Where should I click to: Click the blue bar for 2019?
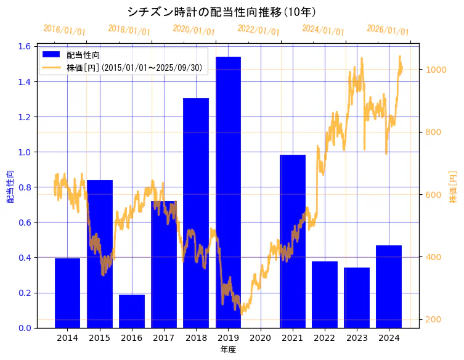[x=228, y=192]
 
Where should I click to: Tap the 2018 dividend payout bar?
[x=196, y=213]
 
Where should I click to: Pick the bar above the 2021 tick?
[x=293, y=241]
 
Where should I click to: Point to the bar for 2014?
[x=67, y=293]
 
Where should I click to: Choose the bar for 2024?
[x=389, y=286]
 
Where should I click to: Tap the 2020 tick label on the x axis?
[x=261, y=338]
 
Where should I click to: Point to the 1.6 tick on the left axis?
[x=25, y=46]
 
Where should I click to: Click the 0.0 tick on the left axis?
[x=25, y=328]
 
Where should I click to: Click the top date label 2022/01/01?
[x=258, y=30]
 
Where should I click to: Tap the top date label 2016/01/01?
[x=64, y=30]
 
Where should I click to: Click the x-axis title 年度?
[x=228, y=350]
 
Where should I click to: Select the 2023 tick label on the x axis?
[x=357, y=338]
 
